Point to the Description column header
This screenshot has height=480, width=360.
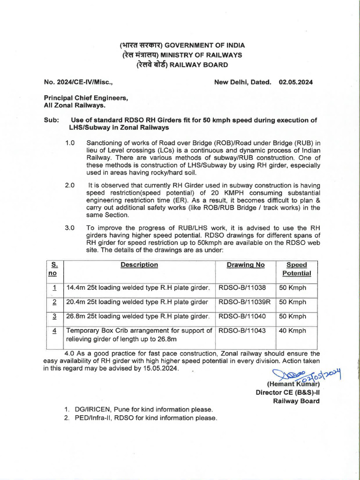click(x=139, y=265)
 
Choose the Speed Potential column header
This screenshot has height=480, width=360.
click(x=296, y=269)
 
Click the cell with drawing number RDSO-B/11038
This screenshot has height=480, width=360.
click(x=242, y=288)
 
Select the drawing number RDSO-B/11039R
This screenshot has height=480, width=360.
click(x=245, y=302)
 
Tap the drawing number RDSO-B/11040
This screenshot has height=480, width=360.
click(x=242, y=316)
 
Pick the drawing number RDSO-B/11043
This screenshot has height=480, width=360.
click(x=242, y=330)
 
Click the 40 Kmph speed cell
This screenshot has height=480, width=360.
click(x=292, y=330)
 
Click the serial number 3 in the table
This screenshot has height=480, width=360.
click(x=54, y=316)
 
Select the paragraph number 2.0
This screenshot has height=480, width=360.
click(x=70, y=185)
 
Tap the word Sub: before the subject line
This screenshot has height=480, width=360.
click(x=51, y=120)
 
